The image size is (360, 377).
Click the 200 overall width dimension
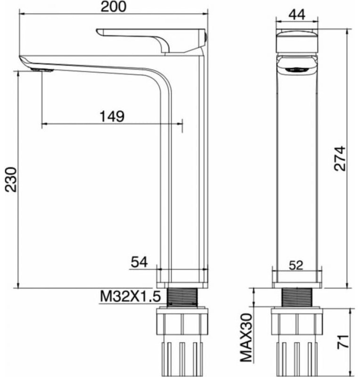tap(113, 7)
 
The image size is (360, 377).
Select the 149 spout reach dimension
tap(112, 116)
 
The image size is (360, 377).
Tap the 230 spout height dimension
tap(11, 180)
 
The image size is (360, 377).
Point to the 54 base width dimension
tap(139, 262)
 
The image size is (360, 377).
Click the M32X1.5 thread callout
tap(130, 296)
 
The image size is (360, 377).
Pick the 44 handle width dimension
tap(297, 15)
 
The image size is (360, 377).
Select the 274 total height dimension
tap(340, 158)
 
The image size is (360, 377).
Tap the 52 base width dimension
tap(296, 265)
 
